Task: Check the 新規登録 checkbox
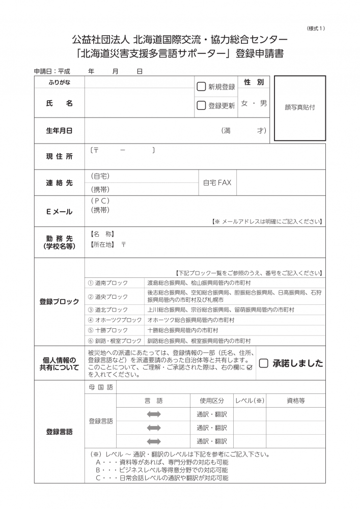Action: point(201,87)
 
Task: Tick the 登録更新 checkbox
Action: point(201,105)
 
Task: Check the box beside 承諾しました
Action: point(263,363)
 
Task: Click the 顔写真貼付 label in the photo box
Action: point(300,107)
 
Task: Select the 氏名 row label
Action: point(59,103)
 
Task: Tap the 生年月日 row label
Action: point(59,130)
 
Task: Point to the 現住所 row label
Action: point(59,156)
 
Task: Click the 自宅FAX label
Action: point(217,182)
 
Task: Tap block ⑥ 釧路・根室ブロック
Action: point(114,341)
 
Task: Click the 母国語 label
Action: point(100,387)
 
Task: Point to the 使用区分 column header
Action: point(211,401)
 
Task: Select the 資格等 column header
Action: point(295,401)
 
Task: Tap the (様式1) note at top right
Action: point(316,28)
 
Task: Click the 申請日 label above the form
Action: point(43,72)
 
